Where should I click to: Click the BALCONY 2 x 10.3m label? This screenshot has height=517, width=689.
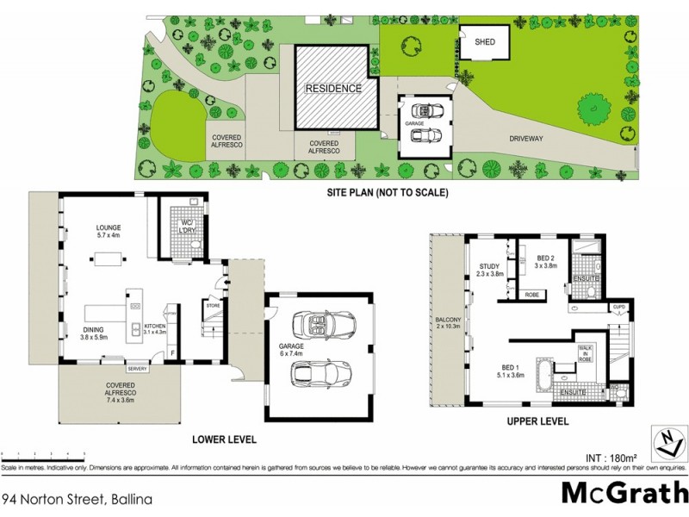coord(448,324)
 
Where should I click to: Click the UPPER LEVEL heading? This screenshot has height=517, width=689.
coord(537,422)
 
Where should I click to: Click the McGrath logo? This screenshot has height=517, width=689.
coord(619,492)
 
